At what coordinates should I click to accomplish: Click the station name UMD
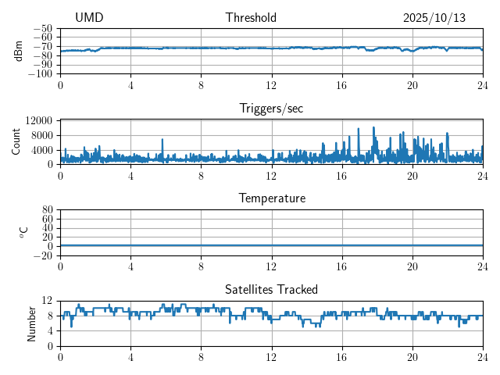pos(89,18)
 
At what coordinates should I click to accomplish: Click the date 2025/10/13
pos(434,18)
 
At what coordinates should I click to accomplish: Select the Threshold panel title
pos(251,18)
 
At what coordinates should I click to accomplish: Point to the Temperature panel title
pos(271,198)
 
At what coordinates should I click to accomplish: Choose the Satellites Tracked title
pos(271,289)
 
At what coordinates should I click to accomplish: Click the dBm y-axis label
pos(18,51)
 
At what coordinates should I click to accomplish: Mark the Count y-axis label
pos(16,141)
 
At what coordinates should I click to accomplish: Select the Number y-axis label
pos(31,323)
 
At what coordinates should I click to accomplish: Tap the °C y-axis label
pos(23,232)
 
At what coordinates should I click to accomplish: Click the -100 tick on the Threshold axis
pos(41,74)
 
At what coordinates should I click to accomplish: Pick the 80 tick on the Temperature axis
pos(47,210)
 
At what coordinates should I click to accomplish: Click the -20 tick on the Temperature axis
pos(44,255)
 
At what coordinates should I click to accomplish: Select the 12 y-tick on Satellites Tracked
pos(47,301)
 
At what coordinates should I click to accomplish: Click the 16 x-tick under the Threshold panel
pos(341,85)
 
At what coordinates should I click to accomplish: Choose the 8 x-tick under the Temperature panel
pos(201,266)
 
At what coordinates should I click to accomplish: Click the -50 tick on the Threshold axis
pos(44,29)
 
